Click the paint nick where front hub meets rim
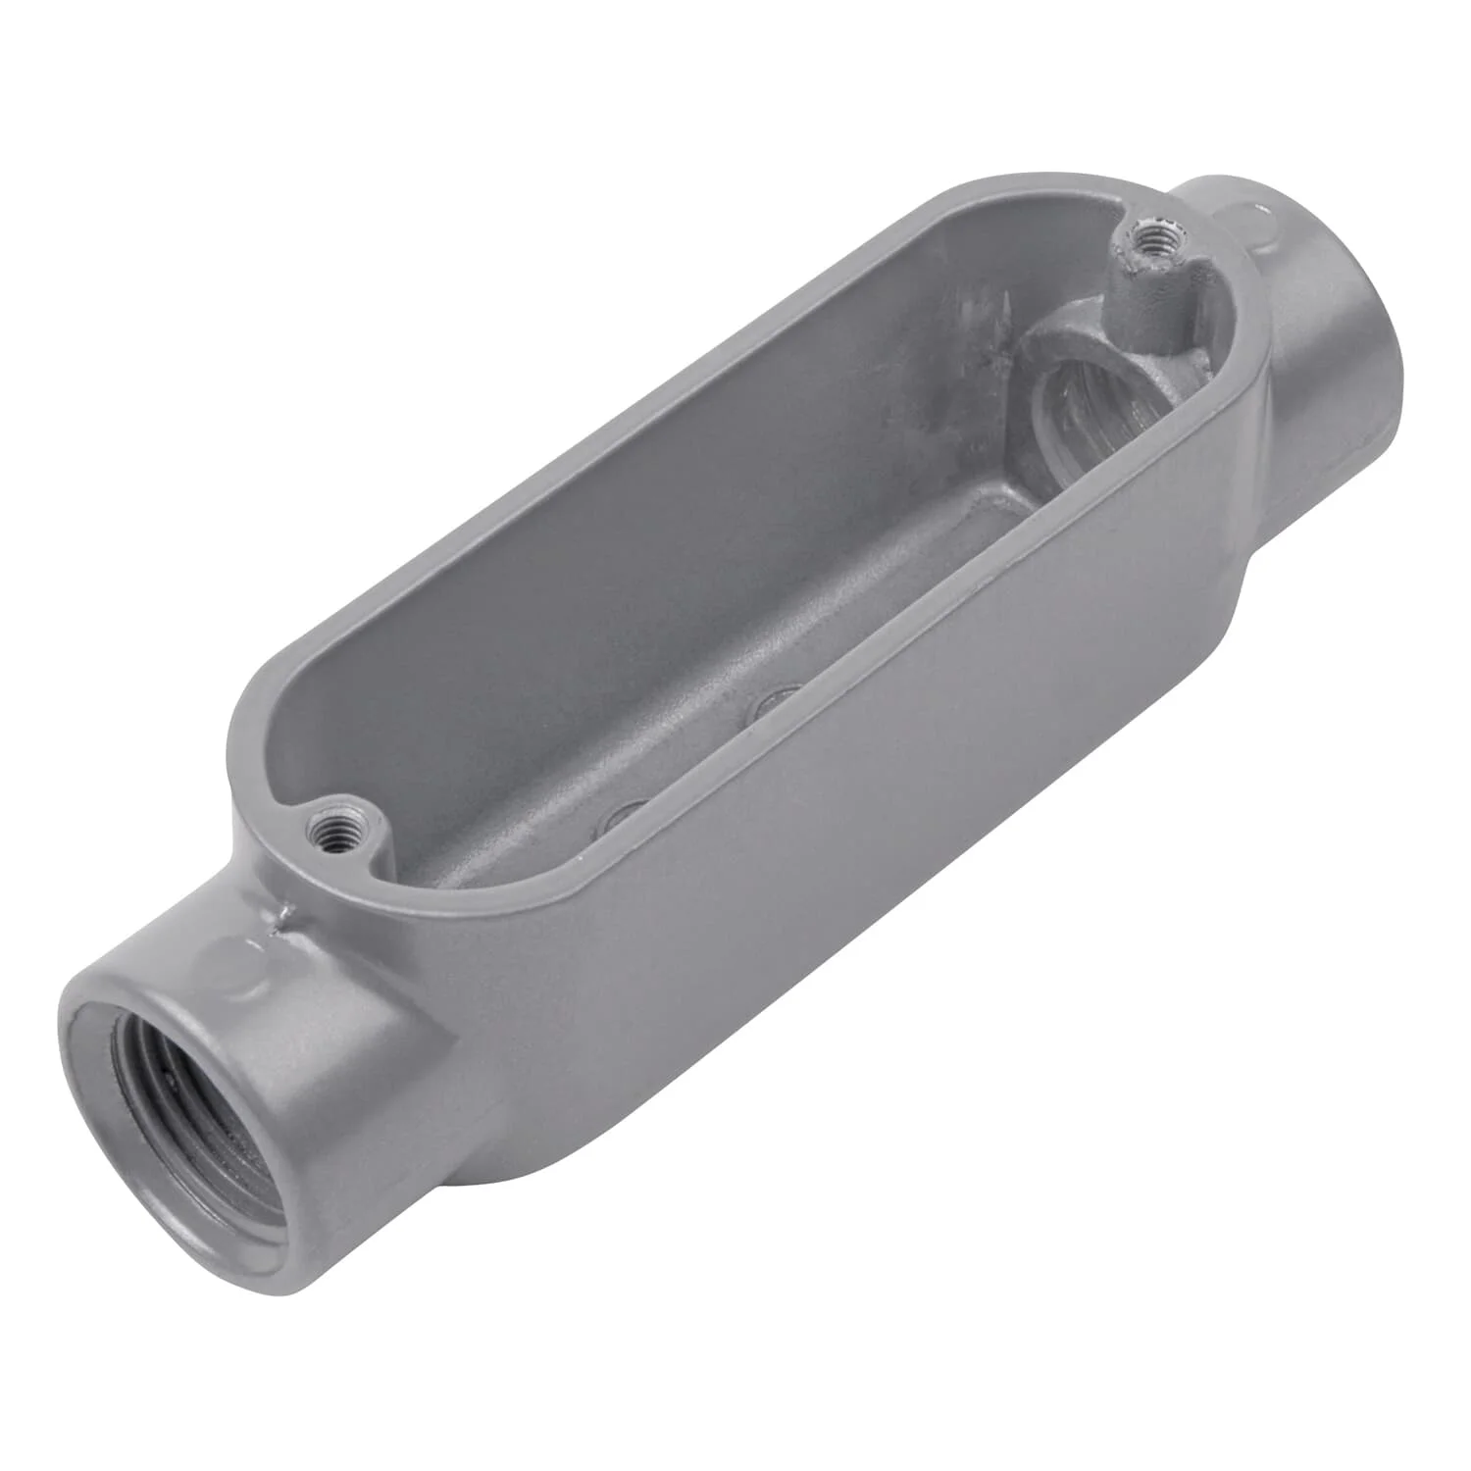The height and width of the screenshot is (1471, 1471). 285,917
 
